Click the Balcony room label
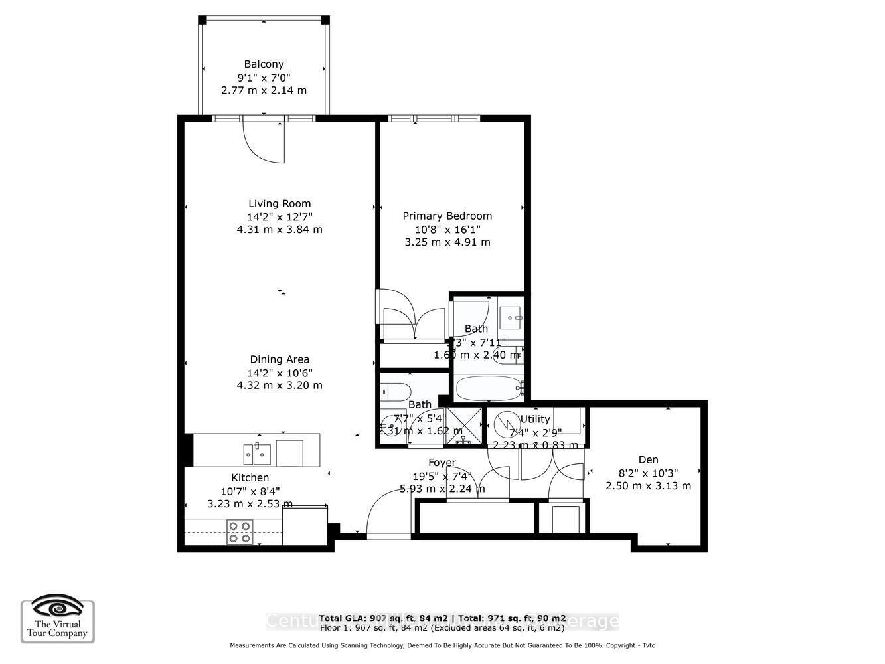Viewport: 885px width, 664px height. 264,64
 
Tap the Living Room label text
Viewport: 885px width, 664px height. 280,204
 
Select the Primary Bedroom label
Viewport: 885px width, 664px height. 447,216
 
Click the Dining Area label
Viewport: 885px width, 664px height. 280,359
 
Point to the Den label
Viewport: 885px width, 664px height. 648,459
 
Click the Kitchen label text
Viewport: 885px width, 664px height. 250,477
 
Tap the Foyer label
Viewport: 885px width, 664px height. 442,463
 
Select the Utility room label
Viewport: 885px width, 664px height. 535,419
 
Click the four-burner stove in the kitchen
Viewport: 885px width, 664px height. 240,532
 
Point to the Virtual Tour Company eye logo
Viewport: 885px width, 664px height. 58,607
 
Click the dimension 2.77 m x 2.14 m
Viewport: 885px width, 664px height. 264,90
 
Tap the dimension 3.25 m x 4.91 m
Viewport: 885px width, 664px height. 447,242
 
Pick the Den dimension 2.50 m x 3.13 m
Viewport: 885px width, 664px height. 648,486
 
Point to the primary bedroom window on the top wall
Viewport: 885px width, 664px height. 434,119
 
